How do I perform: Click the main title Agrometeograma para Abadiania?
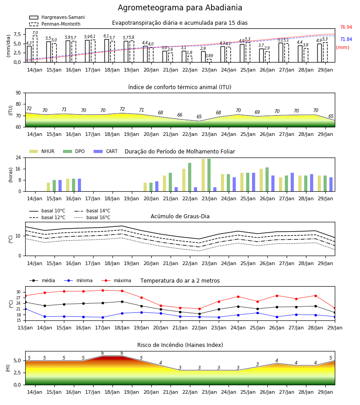coord(180,8)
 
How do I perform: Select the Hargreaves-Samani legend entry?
coord(57,17)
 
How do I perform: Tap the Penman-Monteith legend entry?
coord(55,24)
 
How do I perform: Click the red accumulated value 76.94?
coord(346,27)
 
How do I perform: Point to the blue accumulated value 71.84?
coord(346,39)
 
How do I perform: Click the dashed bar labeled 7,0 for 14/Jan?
coord(35,49)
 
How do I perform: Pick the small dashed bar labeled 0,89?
coord(209,61)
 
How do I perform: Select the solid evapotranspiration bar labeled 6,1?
coord(106,51)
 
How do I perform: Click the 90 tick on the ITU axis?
coord(18,93)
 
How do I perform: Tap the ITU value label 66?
coord(180,115)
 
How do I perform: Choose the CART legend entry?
coord(106,151)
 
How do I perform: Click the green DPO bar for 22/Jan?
coord(189,177)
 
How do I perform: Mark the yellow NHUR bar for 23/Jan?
coord(203,175)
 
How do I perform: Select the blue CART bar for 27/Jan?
coord(292,182)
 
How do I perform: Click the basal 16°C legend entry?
coord(92,217)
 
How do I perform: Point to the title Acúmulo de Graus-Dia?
coord(180,216)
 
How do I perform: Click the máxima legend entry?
coord(117,280)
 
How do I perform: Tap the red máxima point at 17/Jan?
coord(103,290)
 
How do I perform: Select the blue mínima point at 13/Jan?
coord(26,309)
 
